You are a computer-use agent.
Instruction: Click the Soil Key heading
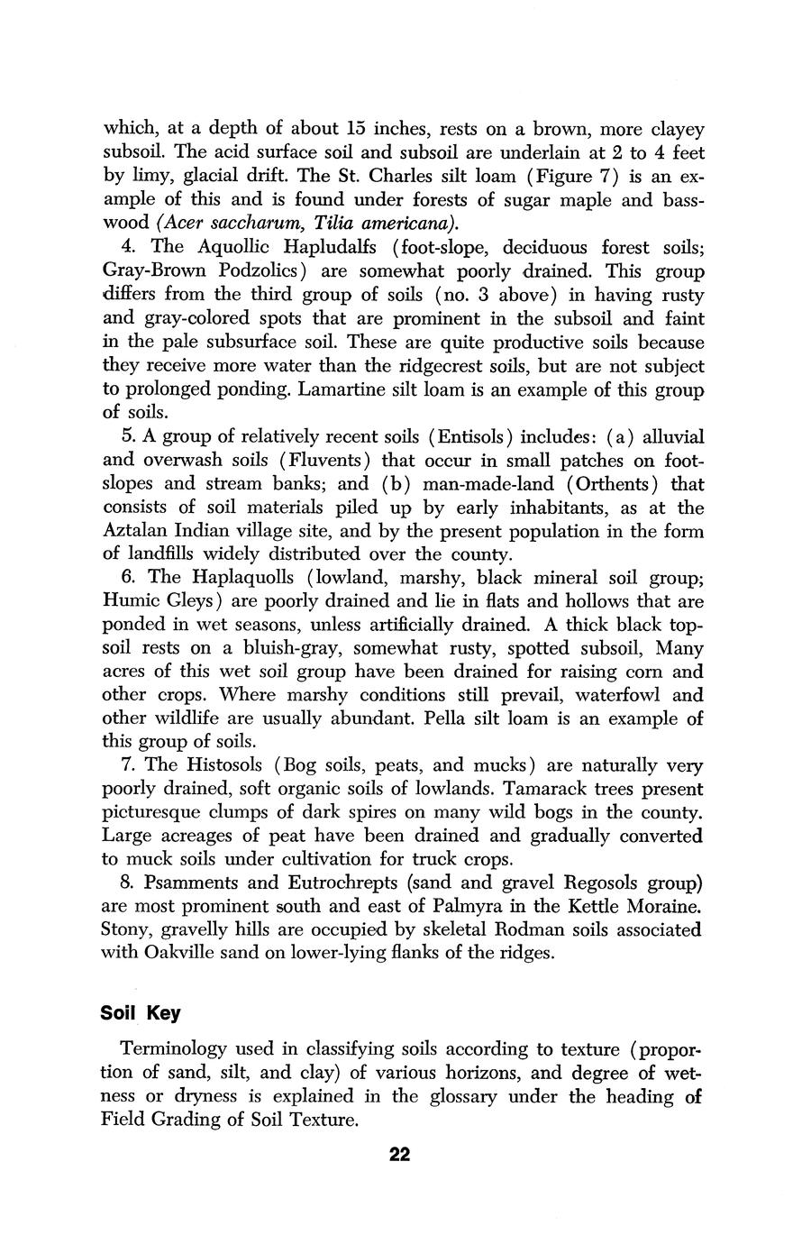coord(140,1013)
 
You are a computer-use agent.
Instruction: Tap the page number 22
coord(400,1155)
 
